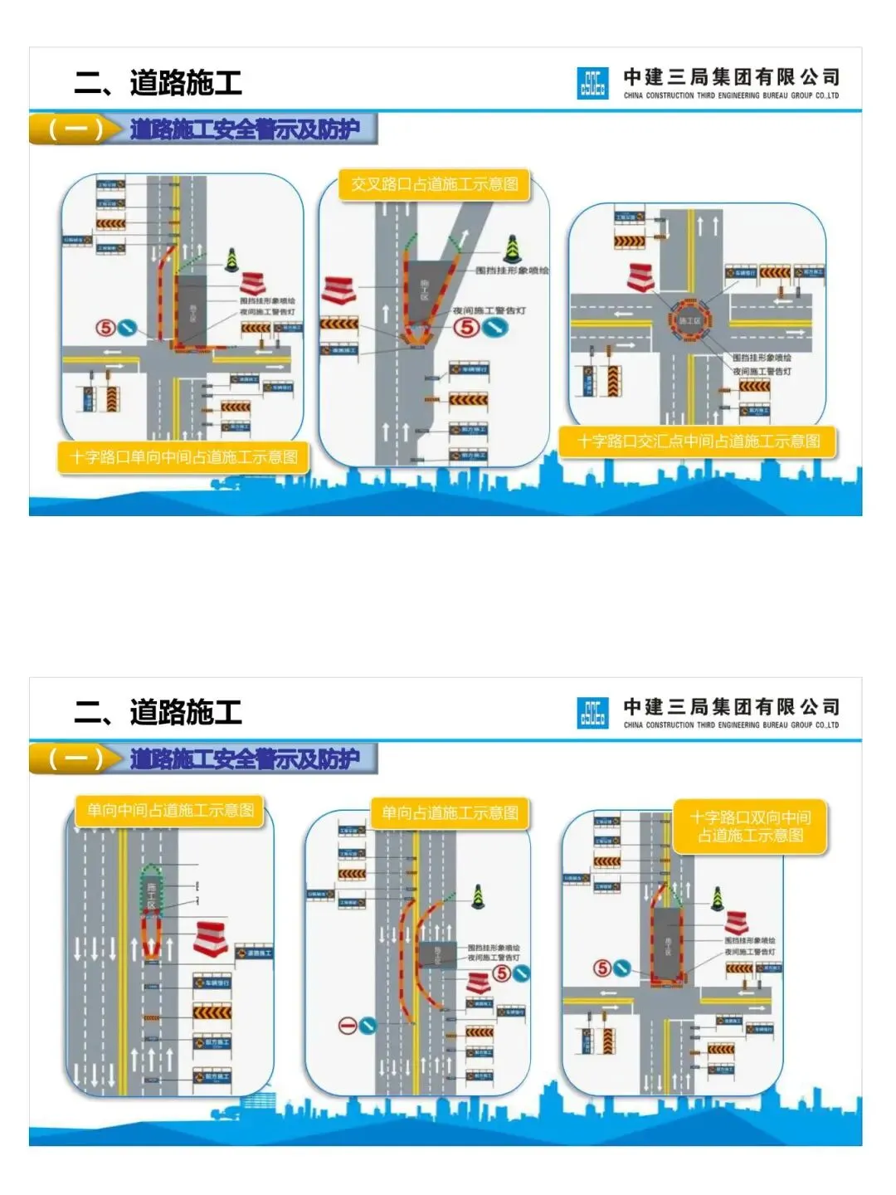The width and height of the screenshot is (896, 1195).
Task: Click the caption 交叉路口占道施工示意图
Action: pos(434,184)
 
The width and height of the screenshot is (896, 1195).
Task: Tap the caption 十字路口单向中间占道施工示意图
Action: pos(183,457)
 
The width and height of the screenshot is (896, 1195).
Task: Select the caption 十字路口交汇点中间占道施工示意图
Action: pos(699,441)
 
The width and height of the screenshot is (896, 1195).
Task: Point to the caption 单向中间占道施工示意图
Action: pos(170,810)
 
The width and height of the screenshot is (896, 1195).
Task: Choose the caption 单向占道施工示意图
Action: pos(450,813)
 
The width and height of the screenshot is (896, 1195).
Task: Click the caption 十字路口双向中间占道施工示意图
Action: pos(750,827)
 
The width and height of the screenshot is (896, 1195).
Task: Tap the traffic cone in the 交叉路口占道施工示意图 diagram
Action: pos(512,248)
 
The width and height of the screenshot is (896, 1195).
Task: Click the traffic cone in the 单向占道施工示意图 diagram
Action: pos(478,895)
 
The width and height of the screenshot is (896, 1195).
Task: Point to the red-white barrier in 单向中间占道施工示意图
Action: pos(212,938)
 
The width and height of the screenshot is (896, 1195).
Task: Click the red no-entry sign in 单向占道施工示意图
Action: pos(348,1026)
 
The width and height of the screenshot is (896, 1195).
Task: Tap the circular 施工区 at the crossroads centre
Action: pos(689,320)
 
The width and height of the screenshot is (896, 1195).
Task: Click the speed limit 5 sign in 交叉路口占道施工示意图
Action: pos(468,327)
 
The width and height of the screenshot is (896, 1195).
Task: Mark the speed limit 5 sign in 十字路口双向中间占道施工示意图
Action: pos(602,968)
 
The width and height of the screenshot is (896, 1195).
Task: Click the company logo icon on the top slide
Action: pos(592,84)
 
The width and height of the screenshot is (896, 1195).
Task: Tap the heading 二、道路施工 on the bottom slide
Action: pos(158,712)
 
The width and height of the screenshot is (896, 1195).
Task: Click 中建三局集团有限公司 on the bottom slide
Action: pos(731,706)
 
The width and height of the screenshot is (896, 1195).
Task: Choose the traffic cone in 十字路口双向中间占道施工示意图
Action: pos(717,898)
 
